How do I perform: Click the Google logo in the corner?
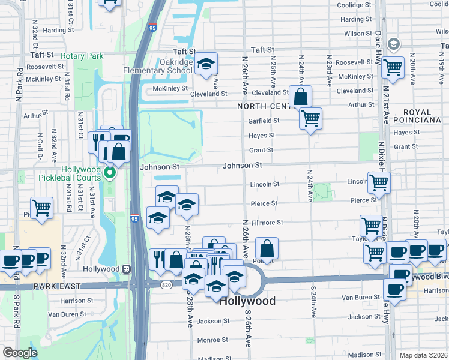(20, 353)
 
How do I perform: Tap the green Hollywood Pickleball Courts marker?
(110, 174)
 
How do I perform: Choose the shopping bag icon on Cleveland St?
(300, 96)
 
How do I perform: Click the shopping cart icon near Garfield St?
(310, 119)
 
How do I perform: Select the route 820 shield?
(166, 285)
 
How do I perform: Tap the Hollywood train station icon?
(126, 269)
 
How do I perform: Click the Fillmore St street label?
(267, 223)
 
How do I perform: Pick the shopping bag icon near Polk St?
(267, 248)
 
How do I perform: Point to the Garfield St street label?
(264, 121)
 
